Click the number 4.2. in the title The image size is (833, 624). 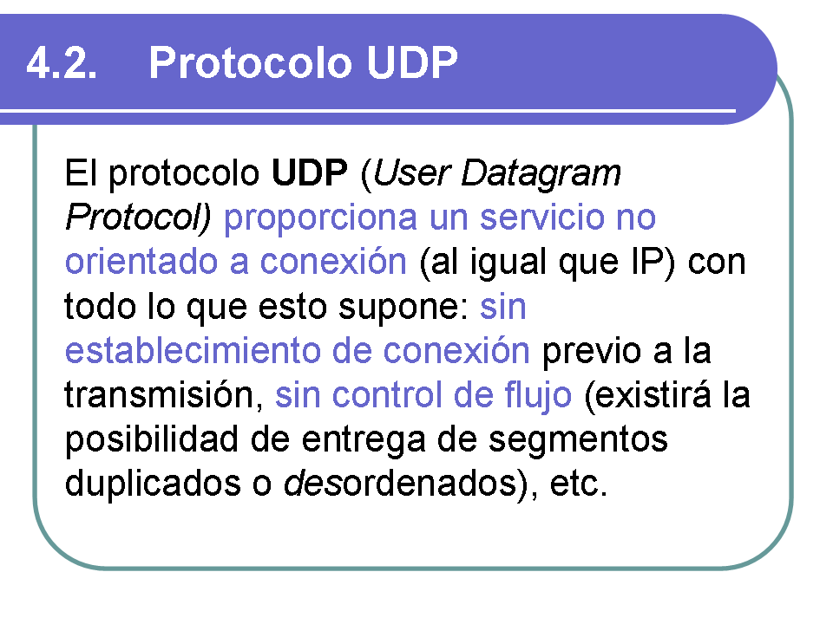click(x=62, y=63)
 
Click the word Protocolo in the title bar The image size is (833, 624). click(x=250, y=62)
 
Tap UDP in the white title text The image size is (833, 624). click(x=411, y=62)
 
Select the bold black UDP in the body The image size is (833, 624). click(x=309, y=173)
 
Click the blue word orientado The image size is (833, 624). click(x=141, y=262)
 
